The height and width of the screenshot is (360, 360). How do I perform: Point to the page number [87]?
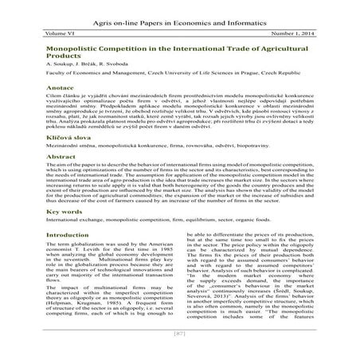coord(179,351)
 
